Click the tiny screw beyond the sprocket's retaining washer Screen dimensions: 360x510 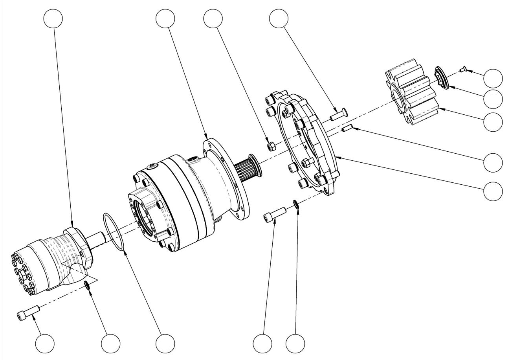pyautogui.click(x=463, y=70)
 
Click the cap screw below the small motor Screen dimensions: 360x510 pyautogui.click(x=28, y=312)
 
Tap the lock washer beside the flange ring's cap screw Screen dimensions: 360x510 pyautogui.click(x=295, y=204)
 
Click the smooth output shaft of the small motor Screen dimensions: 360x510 pyautogui.click(x=95, y=238)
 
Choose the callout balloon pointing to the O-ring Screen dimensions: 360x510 pyautogui.click(x=165, y=343)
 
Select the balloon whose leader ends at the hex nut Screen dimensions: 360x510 pyautogui.click(x=213, y=18)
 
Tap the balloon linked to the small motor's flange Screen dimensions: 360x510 pyautogui.click(x=53, y=18)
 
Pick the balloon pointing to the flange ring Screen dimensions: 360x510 pyautogui.click(x=493, y=191)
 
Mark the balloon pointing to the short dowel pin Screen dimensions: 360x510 pyautogui.click(x=493, y=162)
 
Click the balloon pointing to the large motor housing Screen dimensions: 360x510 pyautogui.click(x=165, y=18)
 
